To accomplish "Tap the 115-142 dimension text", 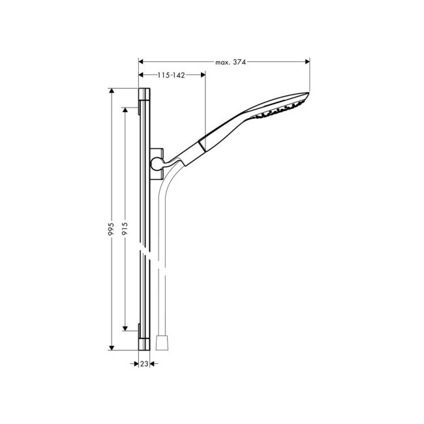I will (x=172, y=76).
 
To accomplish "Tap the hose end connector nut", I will (x=163, y=343).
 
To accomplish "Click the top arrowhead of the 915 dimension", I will (x=125, y=109).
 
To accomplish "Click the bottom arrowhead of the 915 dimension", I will (x=125, y=330).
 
